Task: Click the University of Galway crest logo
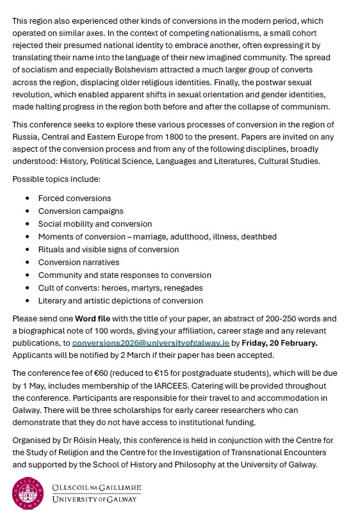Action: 26,494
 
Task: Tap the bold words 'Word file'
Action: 94,318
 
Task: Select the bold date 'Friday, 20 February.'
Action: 279,343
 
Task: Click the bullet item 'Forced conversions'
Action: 74,198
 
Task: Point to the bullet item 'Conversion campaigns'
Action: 81,211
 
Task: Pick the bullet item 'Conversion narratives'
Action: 79,262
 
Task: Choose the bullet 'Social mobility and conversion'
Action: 95,224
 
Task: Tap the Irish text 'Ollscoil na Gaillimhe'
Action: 96,488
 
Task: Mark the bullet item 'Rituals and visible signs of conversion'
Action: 108,250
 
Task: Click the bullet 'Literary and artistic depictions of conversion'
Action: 120,301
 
